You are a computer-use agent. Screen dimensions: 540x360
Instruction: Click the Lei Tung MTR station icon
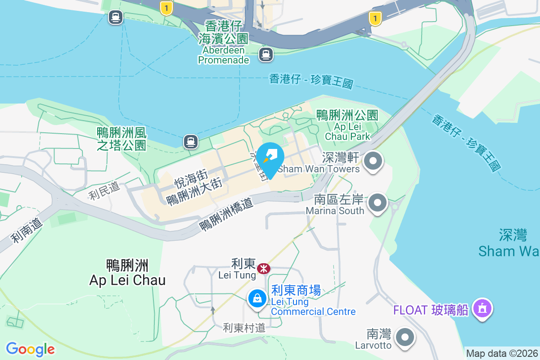[x=263, y=269]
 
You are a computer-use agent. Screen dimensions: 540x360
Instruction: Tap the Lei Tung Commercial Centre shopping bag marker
[x=257, y=298]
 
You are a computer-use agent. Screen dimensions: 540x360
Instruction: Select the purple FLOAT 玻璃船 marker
[x=482, y=309]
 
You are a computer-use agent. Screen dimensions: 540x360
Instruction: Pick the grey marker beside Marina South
[x=378, y=203]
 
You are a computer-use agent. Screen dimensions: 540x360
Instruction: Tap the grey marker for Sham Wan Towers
[x=373, y=161]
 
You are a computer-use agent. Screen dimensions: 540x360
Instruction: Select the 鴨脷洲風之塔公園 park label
[x=121, y=139]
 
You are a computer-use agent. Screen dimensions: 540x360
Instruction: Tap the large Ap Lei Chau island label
[x=127, y=273]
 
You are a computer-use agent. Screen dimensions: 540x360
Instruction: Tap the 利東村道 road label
[x=244, y=328]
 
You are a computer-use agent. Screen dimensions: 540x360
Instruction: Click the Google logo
[x=30, y=349]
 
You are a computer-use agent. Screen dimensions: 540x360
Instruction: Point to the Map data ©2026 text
[x=502, y=353]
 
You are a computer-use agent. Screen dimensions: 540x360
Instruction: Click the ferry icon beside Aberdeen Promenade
[x=266, y=55]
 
